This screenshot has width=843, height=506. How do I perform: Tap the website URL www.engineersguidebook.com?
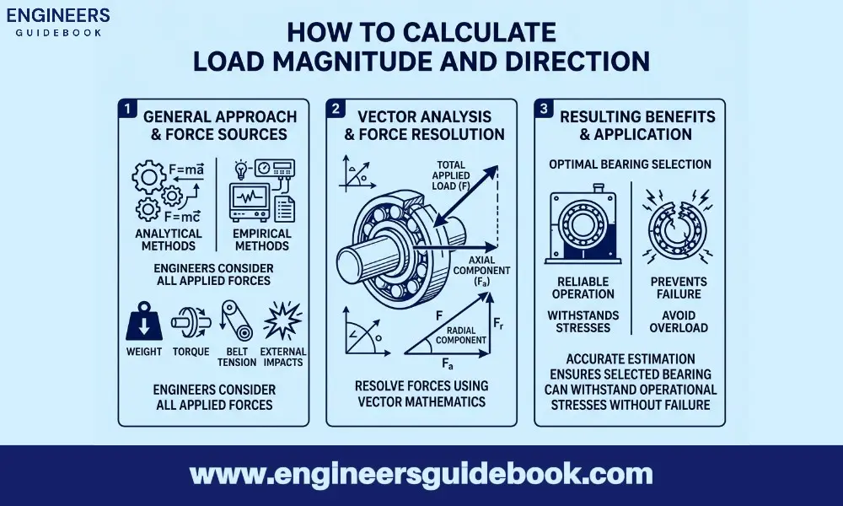coord(421,474)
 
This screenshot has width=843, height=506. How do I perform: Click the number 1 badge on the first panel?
coord(126,109)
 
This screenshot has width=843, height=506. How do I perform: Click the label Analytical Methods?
coord(169,240)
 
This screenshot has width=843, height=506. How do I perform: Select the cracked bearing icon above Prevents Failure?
coord(672,225)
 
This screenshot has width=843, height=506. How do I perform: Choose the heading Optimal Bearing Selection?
coord(631,164)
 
